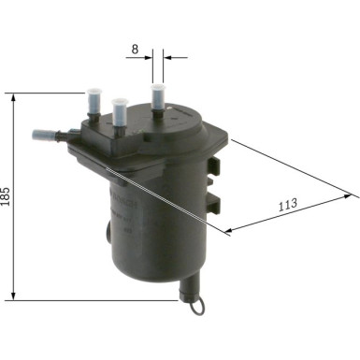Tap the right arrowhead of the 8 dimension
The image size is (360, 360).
point(166,57)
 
